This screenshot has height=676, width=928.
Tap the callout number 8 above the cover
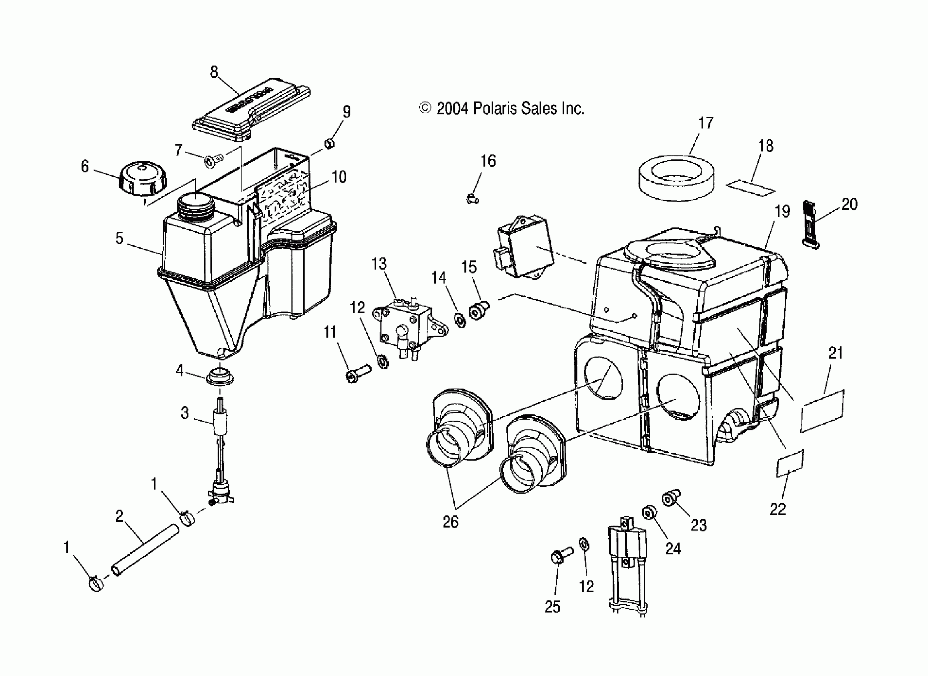pos(214,72)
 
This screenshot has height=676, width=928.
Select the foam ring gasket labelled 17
pos(676,178)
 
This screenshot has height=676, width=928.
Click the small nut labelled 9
pos(329,143)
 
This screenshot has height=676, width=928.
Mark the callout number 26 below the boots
pos(450,522)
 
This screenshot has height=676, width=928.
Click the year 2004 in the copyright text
pos(452,109)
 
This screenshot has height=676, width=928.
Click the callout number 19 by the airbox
pos(782,212)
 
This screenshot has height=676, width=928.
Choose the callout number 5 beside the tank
pos(119,238)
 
